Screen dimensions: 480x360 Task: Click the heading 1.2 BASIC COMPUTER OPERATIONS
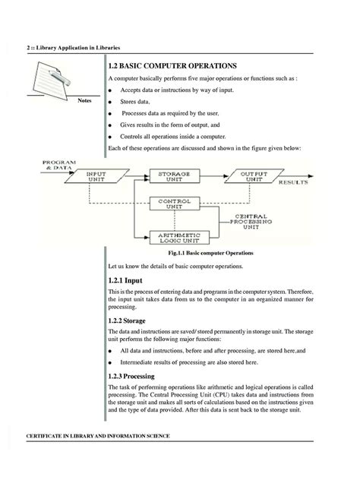click(x=173, y=66)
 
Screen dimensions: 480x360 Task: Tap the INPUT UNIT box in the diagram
click(x=96, y=176)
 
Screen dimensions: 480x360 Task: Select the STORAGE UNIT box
click(x=174, y=176)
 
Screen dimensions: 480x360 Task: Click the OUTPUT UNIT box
click(x=254, y=176)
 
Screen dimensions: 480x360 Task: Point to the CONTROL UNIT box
click(x=174, y=204)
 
